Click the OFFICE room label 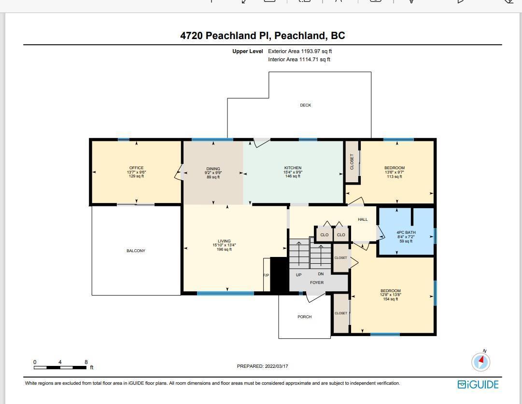click(137, 168)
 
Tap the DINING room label click(213, 169)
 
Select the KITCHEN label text click(293, 168)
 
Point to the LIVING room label click(224, 241)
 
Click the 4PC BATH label click(406, 232)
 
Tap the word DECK click(306, 105)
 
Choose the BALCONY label click(136, 251)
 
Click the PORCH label click(305, 317)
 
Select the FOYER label click(317, 283)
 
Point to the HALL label click(363, 219)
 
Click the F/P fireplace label click(267, 275)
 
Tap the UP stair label click(298, 275)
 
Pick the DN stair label click(321, 274)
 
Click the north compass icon click(481, 362)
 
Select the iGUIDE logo click(478, 384)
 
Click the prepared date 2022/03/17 click(277, 366)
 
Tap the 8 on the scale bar click(86, 362)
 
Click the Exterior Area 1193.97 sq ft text click(300, 51)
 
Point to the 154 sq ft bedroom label click(391, 299)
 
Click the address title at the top click(263, 36)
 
